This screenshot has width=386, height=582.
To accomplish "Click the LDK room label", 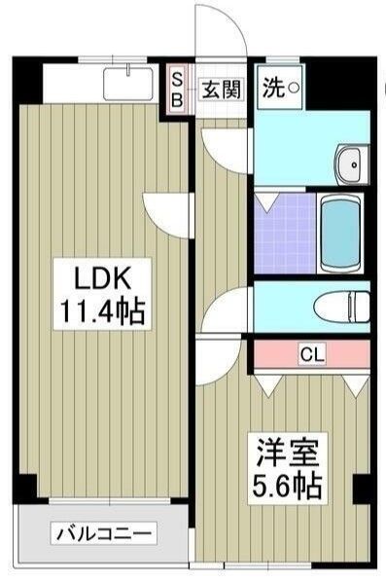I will [x=101, y=277].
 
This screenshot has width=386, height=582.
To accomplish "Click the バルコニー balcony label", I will [x=103, y=533].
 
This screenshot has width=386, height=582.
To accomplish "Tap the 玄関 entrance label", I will [x=221, y=89].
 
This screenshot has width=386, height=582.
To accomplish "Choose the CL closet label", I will [x=311, y=352].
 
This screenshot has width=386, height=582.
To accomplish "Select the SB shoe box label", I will [x=177, y=90].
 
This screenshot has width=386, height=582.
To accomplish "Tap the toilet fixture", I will [x=345, y=307].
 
